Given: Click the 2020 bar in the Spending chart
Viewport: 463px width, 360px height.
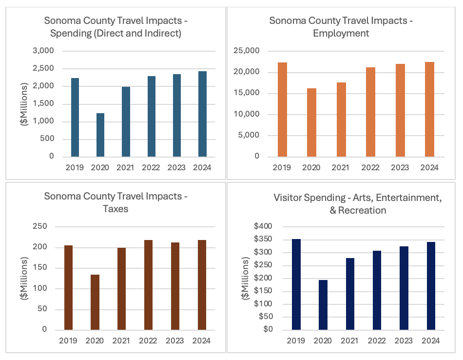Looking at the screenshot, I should [x=100, y=135].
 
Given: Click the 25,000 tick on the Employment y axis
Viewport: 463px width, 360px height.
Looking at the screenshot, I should [x=260, y=51].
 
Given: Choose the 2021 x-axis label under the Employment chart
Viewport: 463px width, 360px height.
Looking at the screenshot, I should [x=341, y=167].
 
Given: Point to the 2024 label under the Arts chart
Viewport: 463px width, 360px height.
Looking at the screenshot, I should [x=430, y=340].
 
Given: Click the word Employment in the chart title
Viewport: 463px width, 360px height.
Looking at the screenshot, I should [x=341, y=33].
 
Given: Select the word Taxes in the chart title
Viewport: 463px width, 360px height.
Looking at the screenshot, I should [x=116, y=209].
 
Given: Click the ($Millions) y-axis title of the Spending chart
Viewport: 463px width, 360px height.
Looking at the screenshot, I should [x=24, y=104].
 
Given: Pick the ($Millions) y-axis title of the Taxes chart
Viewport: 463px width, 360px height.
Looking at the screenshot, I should [x=24, y=278].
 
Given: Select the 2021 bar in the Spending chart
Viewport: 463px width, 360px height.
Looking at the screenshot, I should [x=126, y=121].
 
